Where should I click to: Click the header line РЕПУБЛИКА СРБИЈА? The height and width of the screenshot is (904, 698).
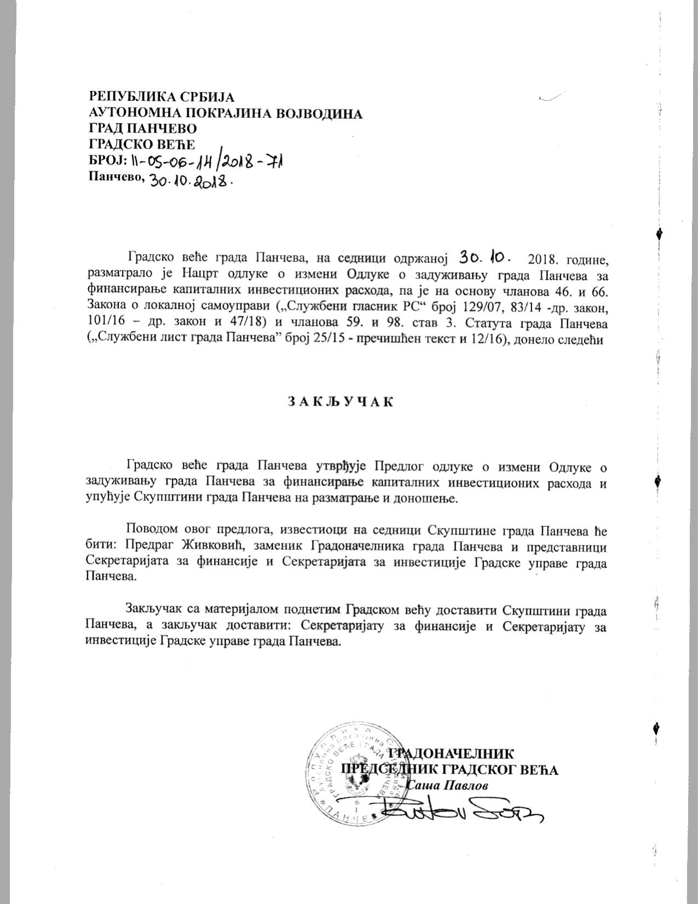[x=161, y=97]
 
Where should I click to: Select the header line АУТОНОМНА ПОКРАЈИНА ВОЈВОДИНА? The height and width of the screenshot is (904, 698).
[x=226, y=113]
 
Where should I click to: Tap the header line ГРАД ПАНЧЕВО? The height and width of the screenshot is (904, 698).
[x=143, y=129]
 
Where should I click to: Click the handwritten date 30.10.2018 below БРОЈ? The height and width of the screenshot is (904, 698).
[x=188, y=181]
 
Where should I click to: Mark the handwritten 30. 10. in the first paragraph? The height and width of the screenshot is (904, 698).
[x=485, y=256]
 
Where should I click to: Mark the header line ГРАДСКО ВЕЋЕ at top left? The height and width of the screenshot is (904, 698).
[x=142, y=145]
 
